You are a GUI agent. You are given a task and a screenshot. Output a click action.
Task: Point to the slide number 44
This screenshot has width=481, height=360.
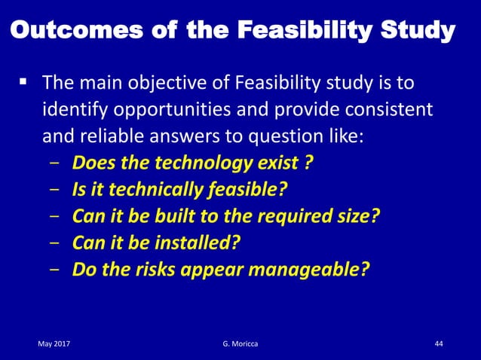440,344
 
